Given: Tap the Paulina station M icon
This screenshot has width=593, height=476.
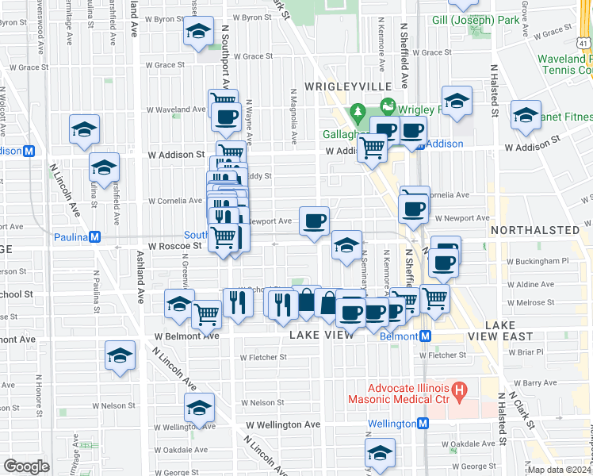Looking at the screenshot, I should [x=94, y=236].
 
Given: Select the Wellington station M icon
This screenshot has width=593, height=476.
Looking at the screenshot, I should [x=424, y=424].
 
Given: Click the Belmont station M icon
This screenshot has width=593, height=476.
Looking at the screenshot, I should [x=425, y=336].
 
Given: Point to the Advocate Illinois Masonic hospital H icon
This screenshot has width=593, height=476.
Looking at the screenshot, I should [x=457, y=390].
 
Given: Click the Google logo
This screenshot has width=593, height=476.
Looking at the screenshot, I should [x=26, y=466].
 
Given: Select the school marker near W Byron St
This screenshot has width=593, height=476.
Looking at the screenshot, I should [x=198, y=33].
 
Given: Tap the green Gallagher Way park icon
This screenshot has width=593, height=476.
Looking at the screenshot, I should [x=358, y=113].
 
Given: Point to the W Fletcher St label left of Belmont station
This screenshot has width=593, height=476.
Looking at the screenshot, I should [x=260, y=356].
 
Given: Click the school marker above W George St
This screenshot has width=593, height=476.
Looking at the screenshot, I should [x=380, y=453].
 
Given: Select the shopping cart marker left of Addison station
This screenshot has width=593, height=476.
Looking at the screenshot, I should [x=371, y=146].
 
